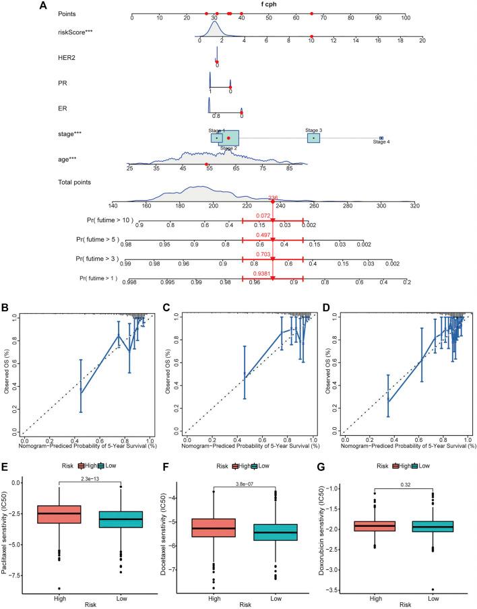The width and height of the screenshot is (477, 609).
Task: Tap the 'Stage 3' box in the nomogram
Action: point(313,137)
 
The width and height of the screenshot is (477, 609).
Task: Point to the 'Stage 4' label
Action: point(381,142)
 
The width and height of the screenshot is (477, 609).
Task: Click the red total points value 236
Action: point(273,197)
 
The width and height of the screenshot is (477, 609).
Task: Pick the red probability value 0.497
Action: point(272,236)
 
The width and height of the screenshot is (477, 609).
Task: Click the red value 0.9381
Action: point(272,265)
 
